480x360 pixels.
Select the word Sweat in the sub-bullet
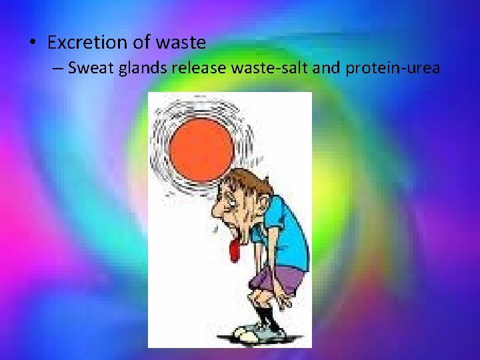click(92, 68)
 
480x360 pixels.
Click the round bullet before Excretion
click(32, 43)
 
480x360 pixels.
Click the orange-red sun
click(201, 143)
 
